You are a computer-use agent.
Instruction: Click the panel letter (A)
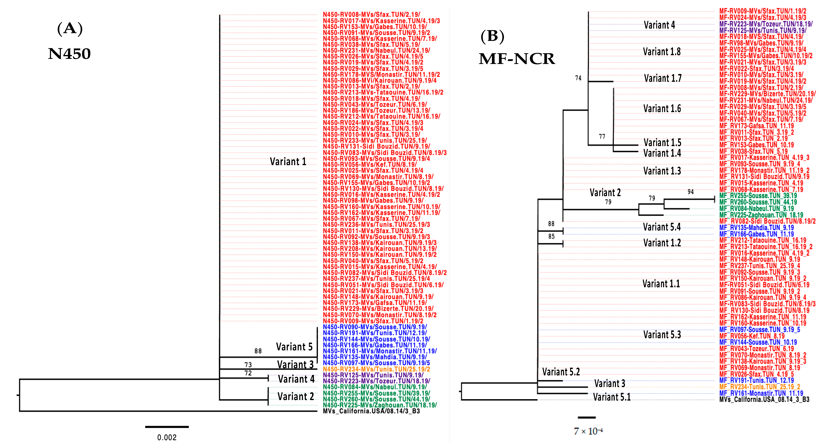[70, 29]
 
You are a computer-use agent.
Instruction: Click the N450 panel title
[70, 54]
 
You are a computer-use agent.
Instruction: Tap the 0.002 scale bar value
[167, 437]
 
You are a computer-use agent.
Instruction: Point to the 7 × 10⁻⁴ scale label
[588, 431]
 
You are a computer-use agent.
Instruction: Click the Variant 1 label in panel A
[288, 162]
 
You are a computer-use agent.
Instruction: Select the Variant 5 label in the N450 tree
[294, 347]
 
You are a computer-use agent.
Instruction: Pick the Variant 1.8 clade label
[662, 52]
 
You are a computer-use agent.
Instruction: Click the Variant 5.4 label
[662, 227]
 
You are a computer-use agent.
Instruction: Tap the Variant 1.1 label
[661, 284]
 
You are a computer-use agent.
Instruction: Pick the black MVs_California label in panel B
[764, 400]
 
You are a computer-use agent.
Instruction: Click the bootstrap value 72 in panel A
[248, 373]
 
